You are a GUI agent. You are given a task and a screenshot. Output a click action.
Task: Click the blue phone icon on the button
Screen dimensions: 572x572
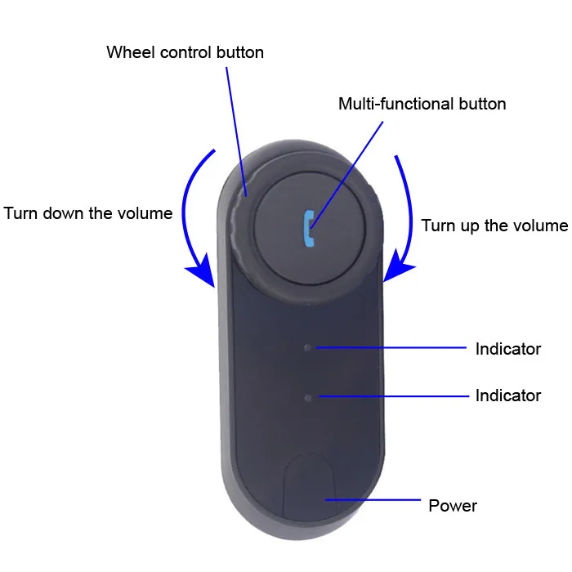308,228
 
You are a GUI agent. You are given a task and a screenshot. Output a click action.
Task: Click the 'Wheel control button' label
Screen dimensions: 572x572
185,53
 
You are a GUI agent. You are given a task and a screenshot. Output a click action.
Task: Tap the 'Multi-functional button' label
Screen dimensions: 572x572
422,104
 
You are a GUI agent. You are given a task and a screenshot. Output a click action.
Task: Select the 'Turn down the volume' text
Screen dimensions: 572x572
88,213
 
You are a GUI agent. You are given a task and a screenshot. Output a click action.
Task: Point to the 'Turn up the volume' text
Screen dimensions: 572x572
494,226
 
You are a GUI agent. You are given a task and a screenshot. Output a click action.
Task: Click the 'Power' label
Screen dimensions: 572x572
453,506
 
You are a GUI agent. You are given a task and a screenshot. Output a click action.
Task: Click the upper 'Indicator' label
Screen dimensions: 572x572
507,349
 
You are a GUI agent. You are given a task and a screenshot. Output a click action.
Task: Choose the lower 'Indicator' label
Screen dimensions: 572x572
507,395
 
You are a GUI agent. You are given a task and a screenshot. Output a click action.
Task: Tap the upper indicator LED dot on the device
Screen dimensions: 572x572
308,347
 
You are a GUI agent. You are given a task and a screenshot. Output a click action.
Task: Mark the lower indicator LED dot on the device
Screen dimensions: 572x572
308,397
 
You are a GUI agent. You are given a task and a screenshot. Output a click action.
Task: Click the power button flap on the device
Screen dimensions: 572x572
310,490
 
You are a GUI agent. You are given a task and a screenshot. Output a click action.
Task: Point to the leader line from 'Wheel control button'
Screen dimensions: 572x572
235,131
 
